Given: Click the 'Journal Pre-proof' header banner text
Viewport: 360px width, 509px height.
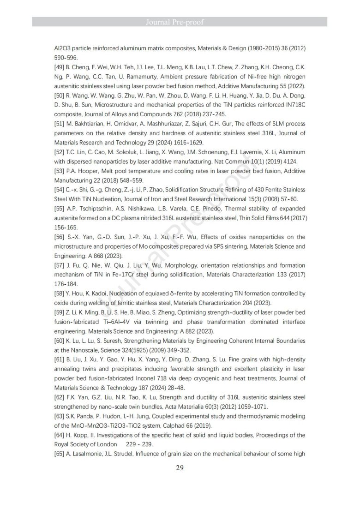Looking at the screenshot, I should tap(180, 22).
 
